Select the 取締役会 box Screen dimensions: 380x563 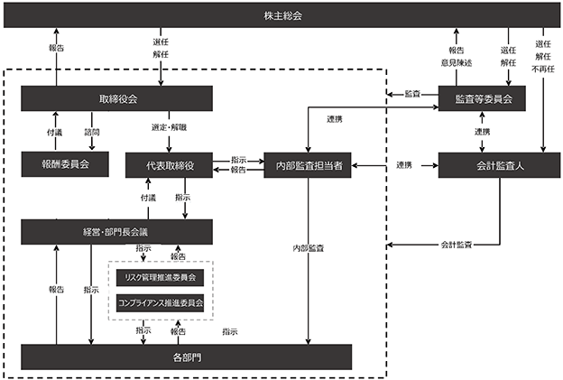point(116,98)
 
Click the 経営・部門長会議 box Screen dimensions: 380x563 point(116,232)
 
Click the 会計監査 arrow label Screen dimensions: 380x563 point(458,245)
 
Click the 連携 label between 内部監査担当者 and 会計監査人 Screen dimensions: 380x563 point(404,164)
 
